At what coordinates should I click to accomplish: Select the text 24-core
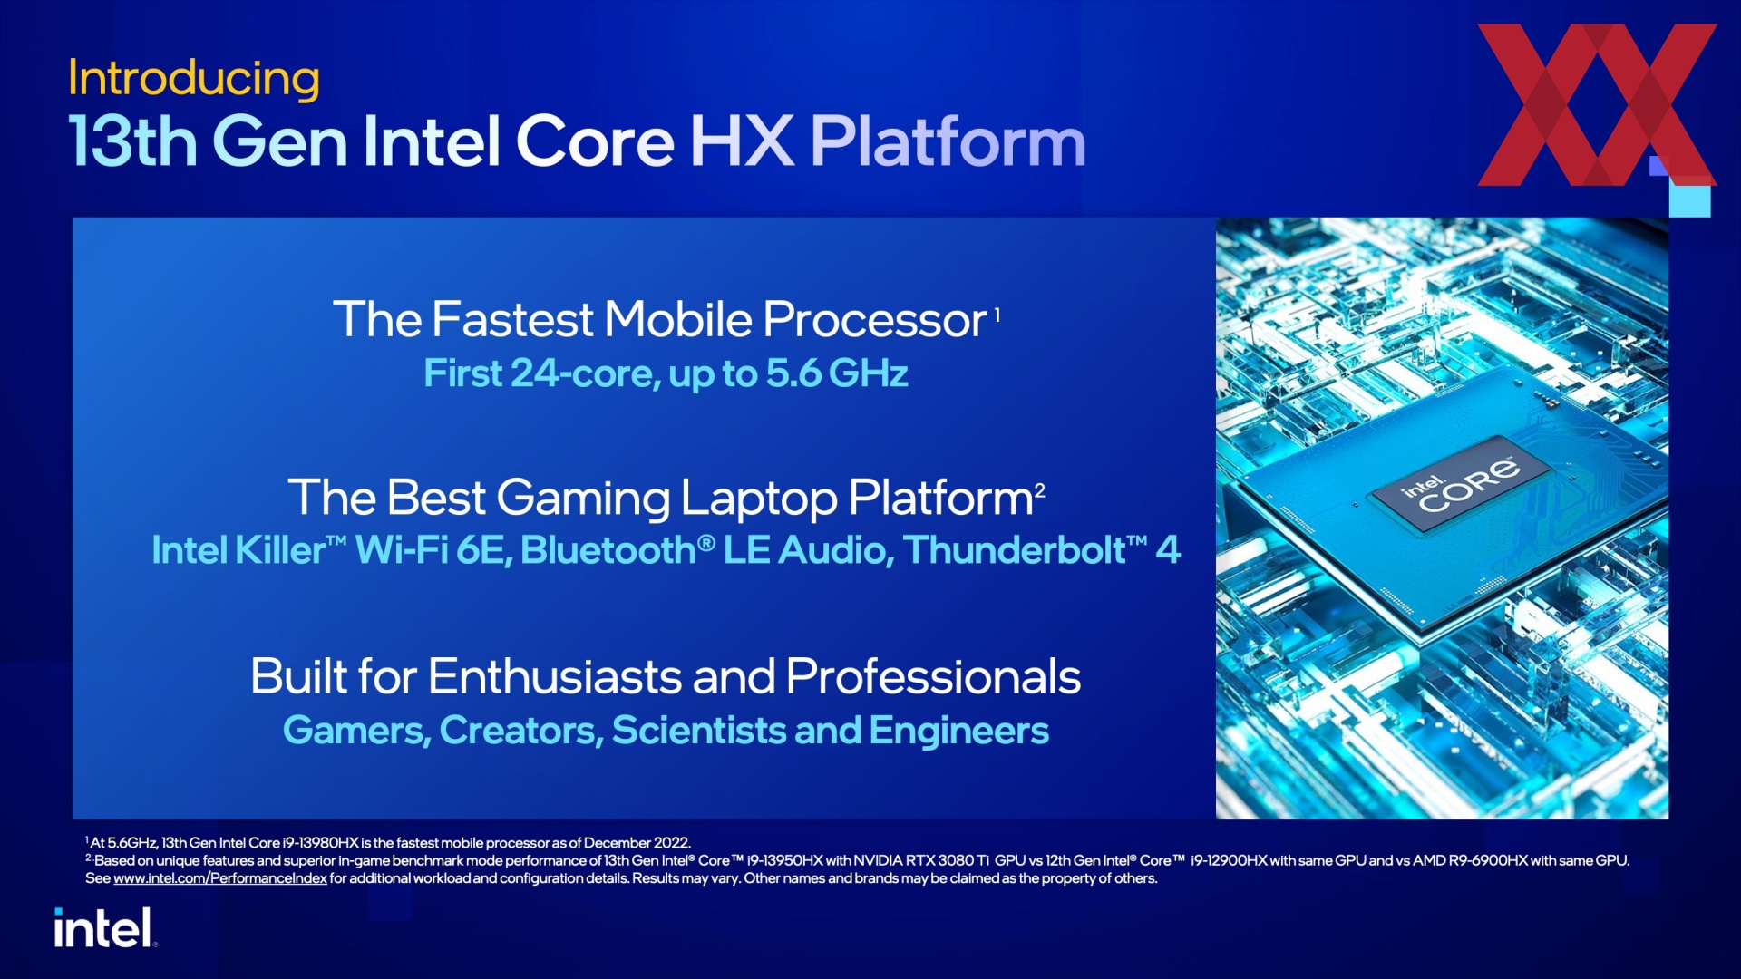point(585,373)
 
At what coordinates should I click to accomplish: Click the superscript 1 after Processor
point(997,315)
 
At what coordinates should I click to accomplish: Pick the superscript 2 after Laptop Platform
point(1040,491)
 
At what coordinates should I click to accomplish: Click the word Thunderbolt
point(1014,550)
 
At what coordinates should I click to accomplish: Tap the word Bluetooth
point(608,550)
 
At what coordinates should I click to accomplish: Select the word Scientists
point(699,731)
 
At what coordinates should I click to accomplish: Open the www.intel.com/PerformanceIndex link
point(219,878)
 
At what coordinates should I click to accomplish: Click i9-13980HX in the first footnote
point(321,843)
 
